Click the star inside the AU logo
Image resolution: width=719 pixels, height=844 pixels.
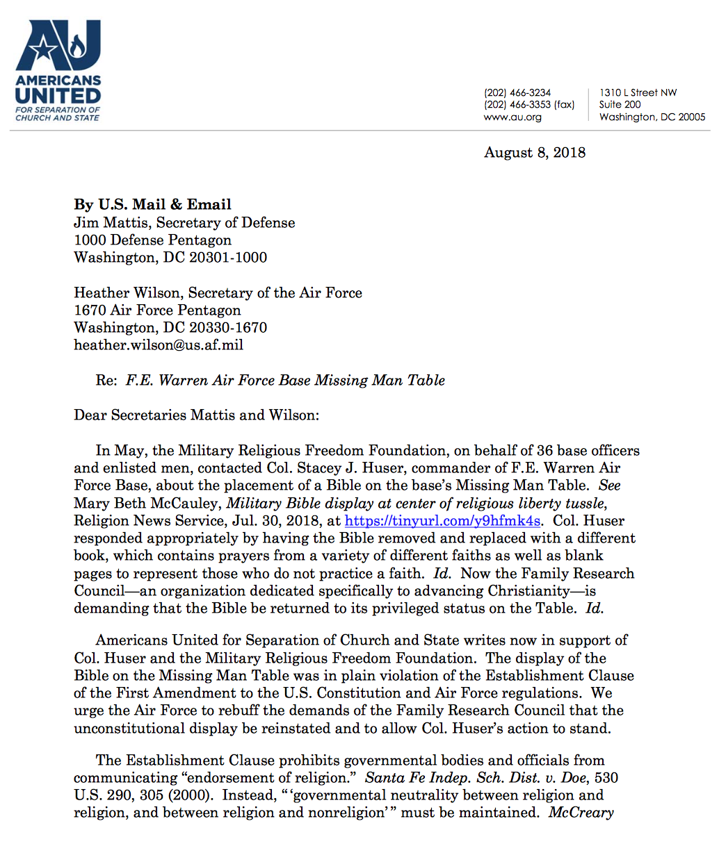[43, 49]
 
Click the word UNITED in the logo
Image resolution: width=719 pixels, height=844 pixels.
[58, 95]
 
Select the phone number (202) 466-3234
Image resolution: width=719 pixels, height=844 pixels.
[517, 92]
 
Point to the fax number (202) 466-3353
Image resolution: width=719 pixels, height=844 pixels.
[517, 105]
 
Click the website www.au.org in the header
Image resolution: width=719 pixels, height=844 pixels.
[512, 117]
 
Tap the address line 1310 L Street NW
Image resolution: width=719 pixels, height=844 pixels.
[638, 92]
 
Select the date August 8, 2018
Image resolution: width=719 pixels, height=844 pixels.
[535, 152]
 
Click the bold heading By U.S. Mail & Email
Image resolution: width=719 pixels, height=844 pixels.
[152, 204]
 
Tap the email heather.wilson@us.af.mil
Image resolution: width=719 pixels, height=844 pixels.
[159, 345]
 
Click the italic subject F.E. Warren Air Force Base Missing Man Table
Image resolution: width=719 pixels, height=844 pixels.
[285, 380]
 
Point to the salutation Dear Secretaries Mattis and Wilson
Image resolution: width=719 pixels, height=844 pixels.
[196, 415]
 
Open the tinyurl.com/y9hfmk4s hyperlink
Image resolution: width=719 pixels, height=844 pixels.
[442, 521]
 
